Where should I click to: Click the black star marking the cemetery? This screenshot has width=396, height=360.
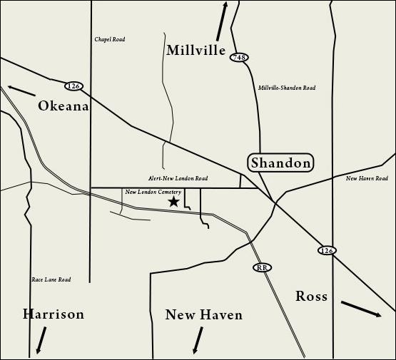173,202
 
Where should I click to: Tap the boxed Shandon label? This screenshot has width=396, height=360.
281,163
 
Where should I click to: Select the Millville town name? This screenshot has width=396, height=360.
196,51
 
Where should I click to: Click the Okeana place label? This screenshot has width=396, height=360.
64,106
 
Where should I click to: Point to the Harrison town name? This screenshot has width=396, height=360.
54,314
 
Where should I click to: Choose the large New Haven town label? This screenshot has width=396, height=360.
204,315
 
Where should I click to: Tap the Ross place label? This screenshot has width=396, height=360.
312,297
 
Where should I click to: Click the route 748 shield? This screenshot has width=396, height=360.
239,57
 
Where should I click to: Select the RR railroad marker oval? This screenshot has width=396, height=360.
263,267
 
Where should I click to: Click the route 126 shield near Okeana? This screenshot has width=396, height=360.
73,86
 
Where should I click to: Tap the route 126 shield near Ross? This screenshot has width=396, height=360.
327,250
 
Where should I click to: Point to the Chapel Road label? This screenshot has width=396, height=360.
110,40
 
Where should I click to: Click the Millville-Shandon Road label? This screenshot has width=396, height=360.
287,88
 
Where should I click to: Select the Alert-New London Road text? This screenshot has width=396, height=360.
178,179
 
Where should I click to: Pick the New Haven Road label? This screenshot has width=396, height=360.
367,179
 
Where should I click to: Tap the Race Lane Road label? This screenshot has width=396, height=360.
51,280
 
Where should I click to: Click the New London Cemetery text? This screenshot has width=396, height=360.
153,192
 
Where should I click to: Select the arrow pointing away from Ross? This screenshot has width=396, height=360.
361,309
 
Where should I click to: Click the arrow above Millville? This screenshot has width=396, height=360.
222,21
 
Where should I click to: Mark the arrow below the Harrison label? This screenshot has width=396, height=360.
42,340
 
